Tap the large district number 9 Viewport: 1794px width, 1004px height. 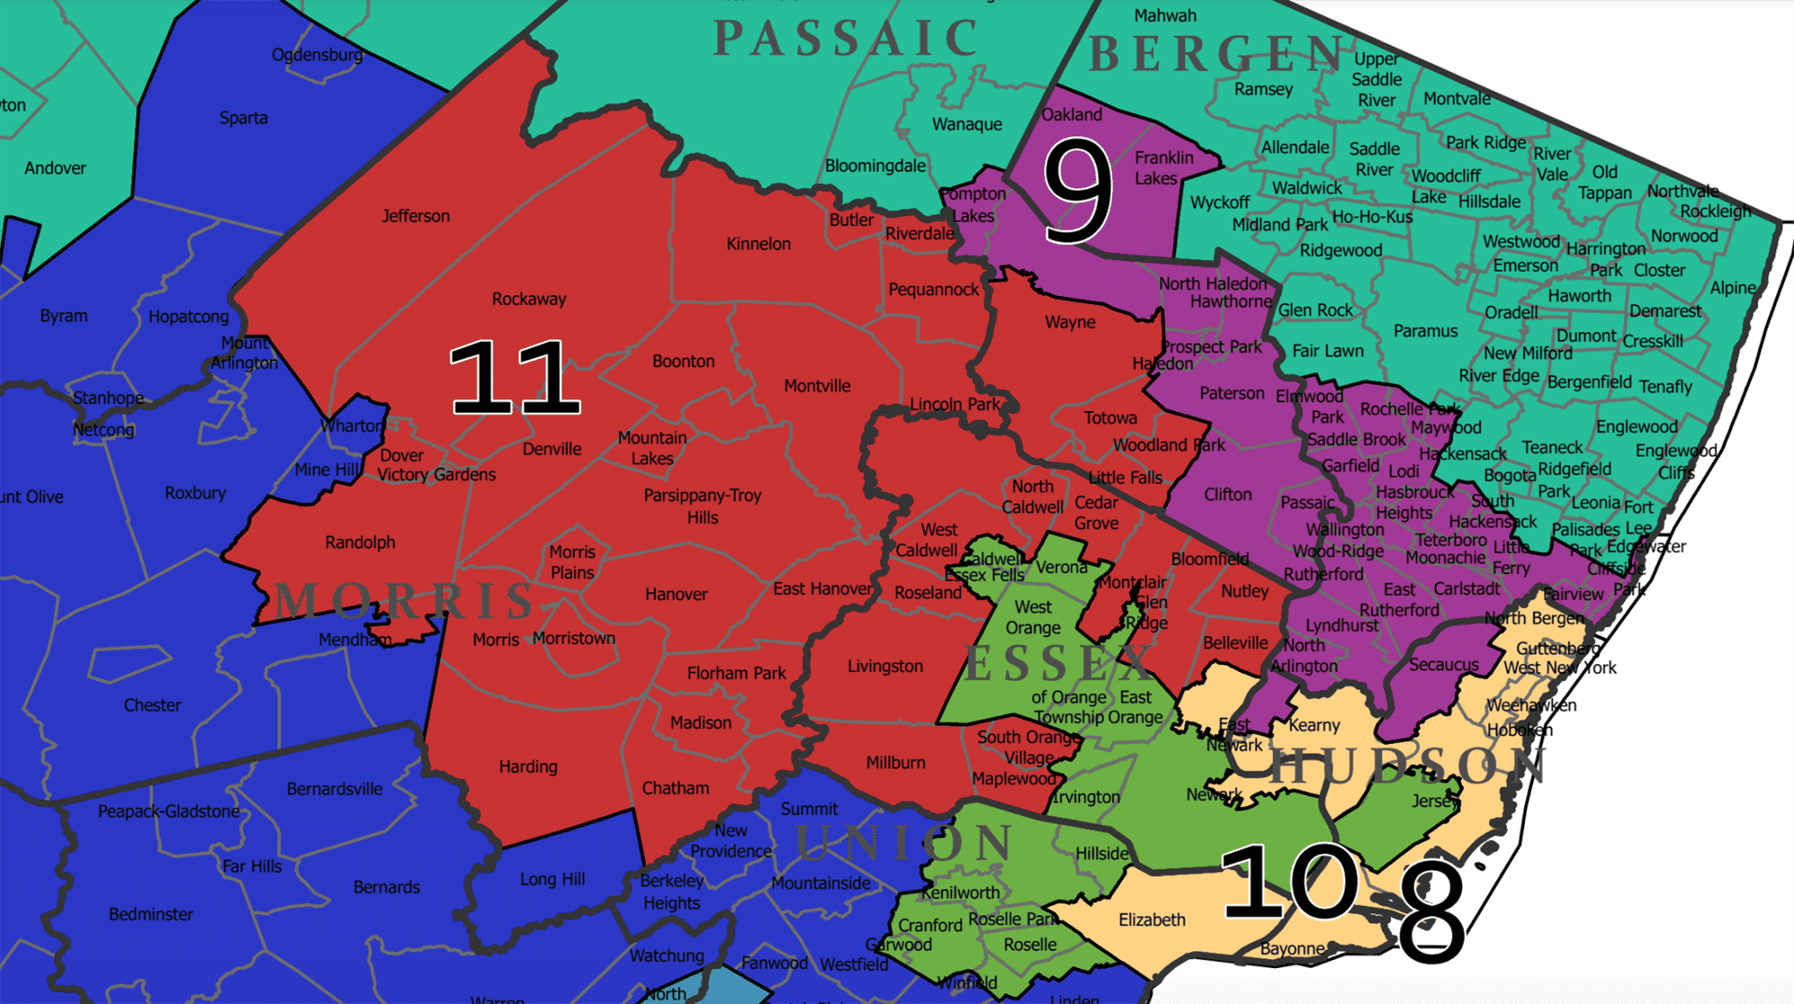click(1078, 191)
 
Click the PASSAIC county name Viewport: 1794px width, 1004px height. click(846, 39)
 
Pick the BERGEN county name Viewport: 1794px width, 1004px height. click(1216, 54)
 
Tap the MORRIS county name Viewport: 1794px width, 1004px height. click(405, 601)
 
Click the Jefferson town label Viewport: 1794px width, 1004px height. click(415, 216)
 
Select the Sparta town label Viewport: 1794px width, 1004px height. click(243, 118)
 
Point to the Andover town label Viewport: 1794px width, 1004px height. click(56, 169)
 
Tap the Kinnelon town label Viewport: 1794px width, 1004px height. click(758, 244)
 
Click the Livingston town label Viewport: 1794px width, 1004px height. click(884, 667)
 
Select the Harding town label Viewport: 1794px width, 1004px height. click(528, 767)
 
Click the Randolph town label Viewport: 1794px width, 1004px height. click(360, 543)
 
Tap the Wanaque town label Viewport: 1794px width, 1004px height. click(967, 125)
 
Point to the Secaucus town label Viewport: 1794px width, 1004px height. click(1443, 665)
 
